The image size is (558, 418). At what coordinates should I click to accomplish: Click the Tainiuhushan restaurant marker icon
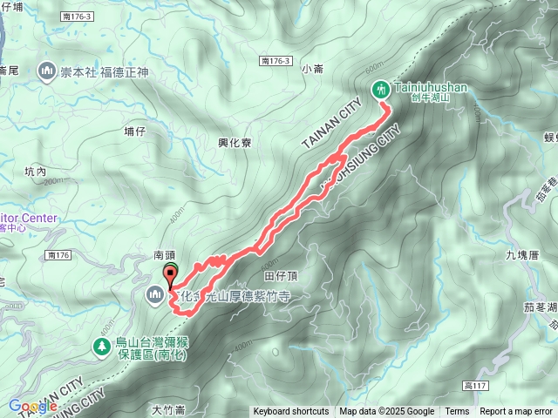tap(381, 88)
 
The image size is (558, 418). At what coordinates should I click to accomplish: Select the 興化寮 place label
tap(235, 143)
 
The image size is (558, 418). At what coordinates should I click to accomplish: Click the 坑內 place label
tap(36, 172)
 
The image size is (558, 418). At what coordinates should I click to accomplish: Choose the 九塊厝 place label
tap(523, 255)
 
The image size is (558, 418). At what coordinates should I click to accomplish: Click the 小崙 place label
tap(312, 68)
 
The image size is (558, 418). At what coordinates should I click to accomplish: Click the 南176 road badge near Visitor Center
tap(59, 255)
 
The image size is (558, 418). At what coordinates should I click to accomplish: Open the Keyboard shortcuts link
tap(291, 412)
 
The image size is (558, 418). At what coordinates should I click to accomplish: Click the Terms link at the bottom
tap(457, 412)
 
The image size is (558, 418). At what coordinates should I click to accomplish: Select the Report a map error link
tap(516, 412)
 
